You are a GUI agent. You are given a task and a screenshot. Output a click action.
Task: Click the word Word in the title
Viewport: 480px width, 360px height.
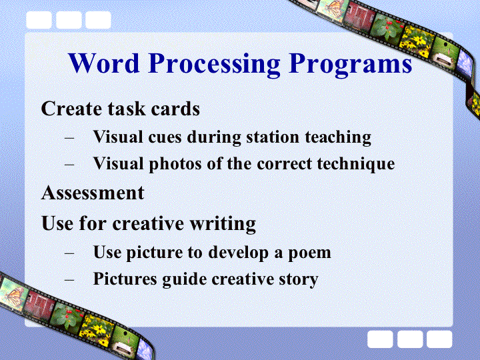point(104,63)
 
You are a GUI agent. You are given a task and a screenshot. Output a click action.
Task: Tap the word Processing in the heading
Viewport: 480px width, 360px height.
point(214,65)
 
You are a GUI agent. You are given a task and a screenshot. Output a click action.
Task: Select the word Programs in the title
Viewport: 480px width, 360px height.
point(350,65)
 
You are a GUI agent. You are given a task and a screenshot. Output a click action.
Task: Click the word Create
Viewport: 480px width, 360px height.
point(71,109)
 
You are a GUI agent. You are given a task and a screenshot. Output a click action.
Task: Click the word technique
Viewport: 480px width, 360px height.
point(356,164)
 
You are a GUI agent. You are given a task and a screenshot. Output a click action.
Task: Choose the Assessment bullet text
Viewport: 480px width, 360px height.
point(93,193)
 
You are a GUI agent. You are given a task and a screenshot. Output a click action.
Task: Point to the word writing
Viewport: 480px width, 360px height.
point(223,224)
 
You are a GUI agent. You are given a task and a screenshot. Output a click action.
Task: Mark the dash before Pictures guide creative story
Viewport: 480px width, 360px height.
point(69,279)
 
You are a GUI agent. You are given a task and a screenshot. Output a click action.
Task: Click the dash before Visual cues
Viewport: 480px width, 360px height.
point(69,137)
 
